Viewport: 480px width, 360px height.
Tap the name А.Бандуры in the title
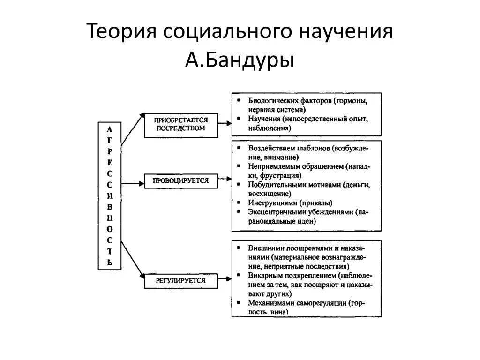[240, 60]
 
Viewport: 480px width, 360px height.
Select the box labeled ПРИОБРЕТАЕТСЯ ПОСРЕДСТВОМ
[180, 124]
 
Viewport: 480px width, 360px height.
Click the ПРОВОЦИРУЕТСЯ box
[180, 180]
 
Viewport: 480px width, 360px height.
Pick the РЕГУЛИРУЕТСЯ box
[180, 280]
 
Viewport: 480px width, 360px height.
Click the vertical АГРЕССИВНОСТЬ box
[110, 196]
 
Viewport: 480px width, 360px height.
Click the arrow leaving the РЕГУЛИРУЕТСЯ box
[225, 280]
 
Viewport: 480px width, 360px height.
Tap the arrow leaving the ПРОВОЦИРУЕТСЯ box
[225, 179]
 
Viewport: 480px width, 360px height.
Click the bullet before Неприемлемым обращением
[239, 166]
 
